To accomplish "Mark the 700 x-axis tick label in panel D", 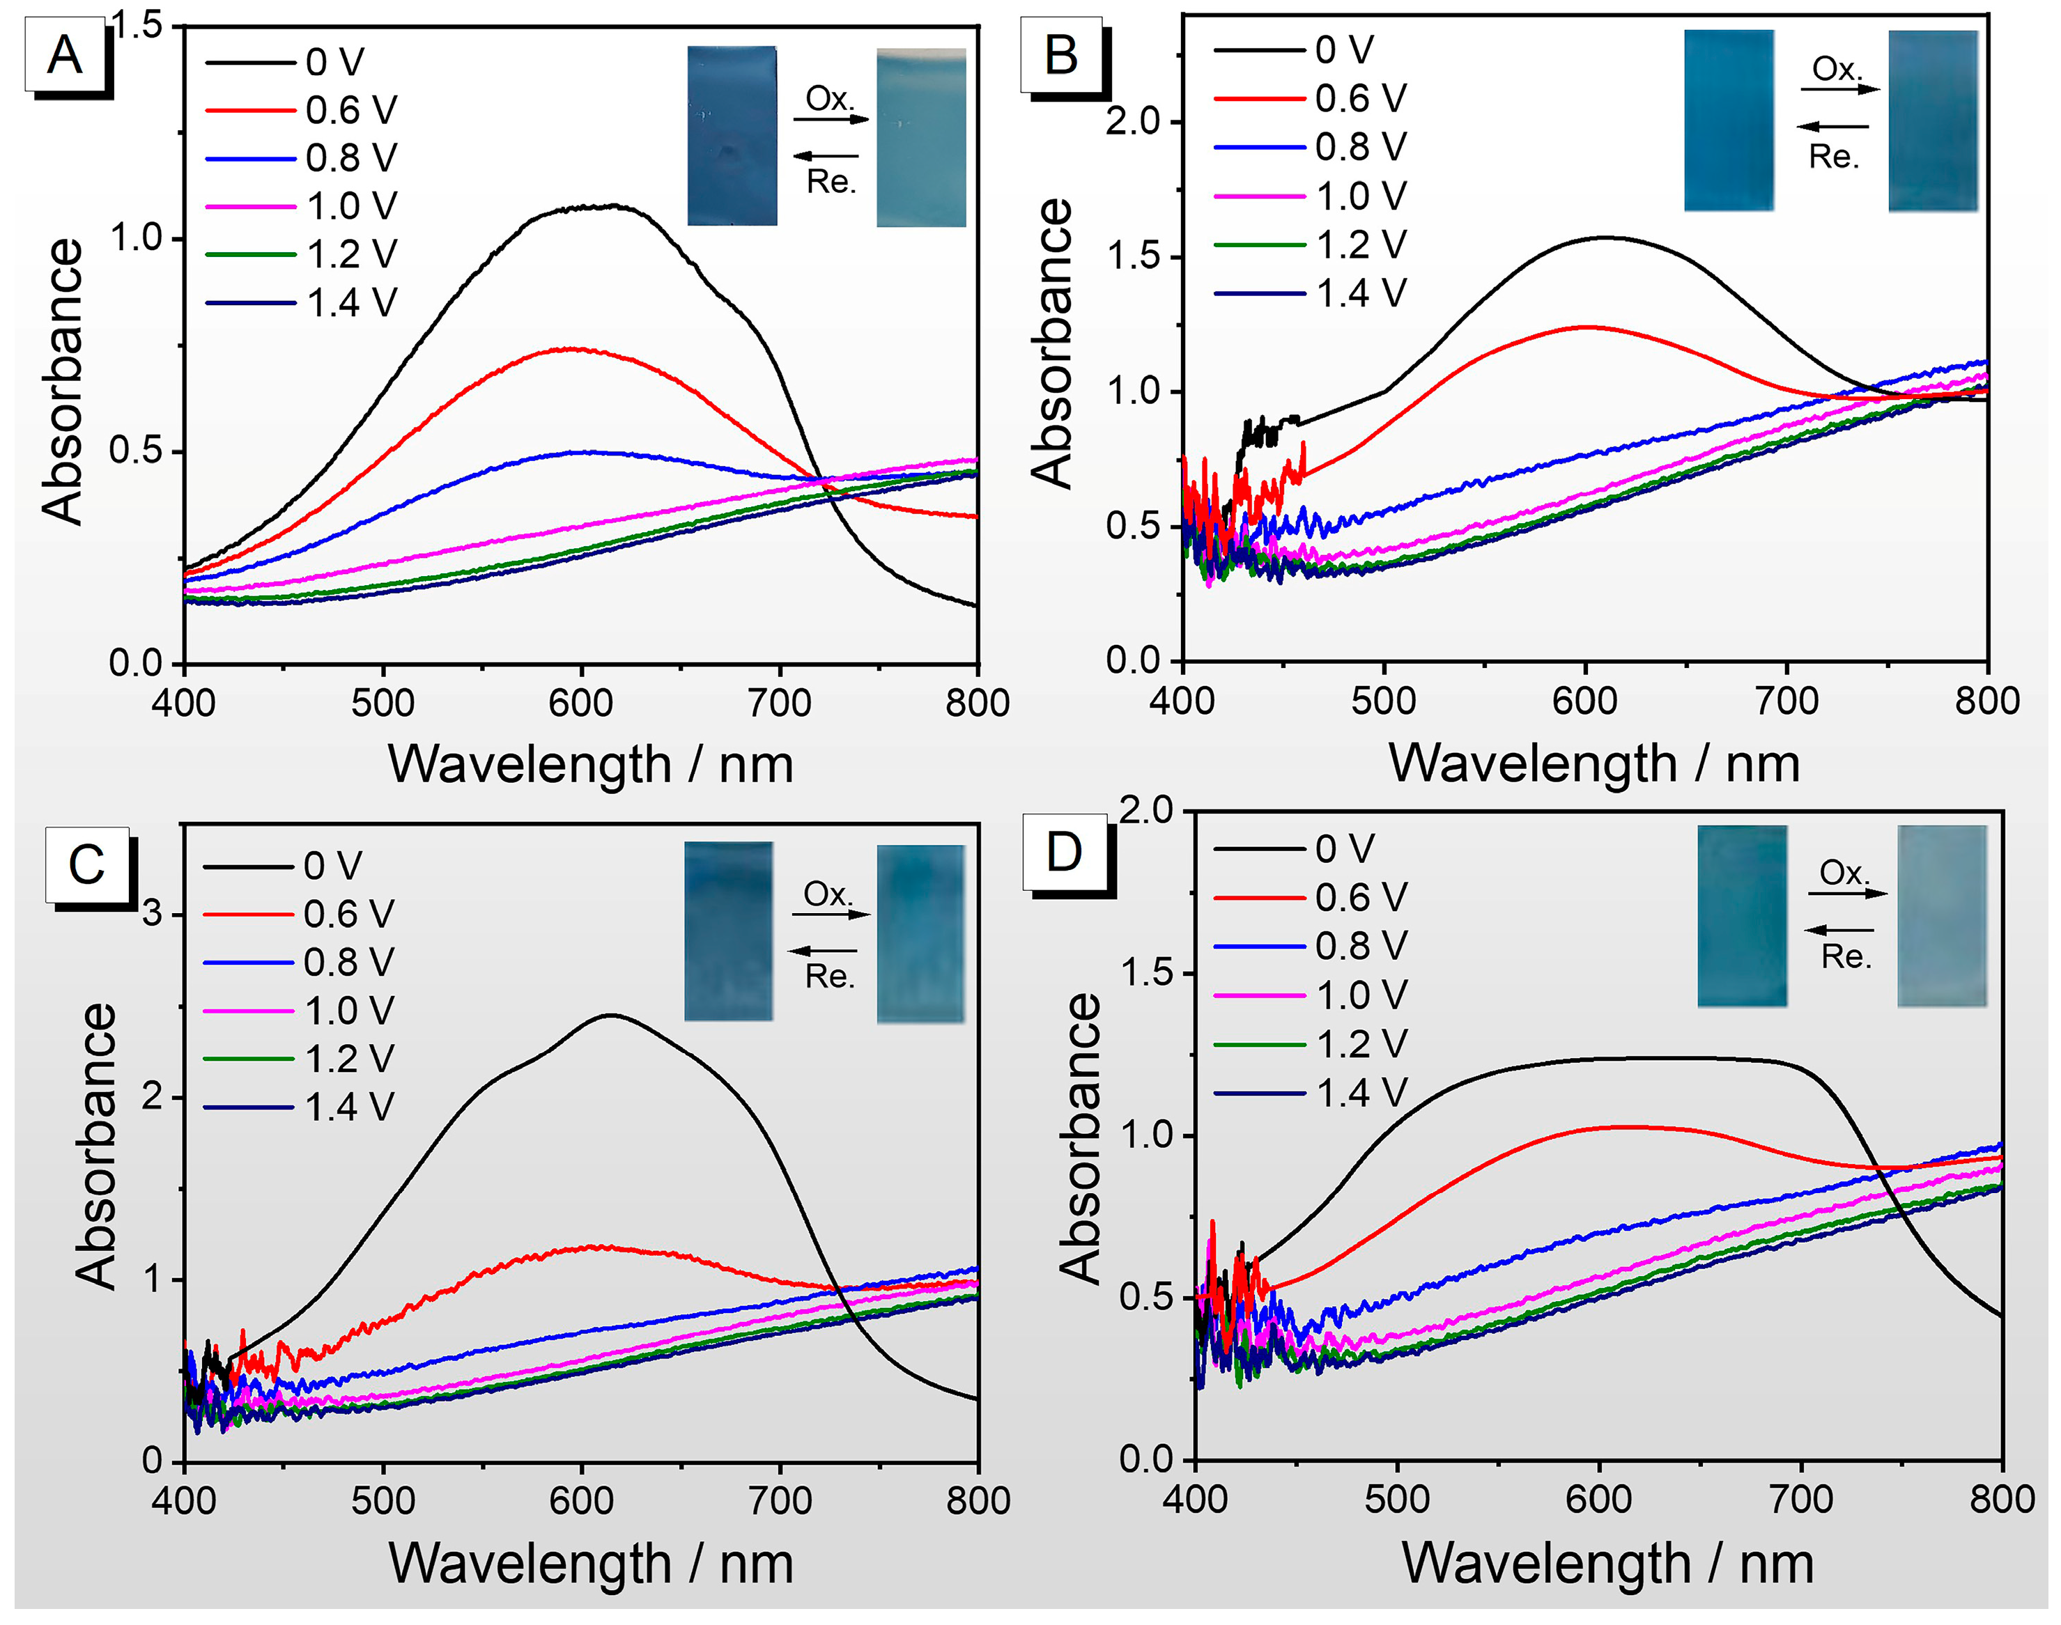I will (1800, 1500).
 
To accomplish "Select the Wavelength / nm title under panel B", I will (1593, 764).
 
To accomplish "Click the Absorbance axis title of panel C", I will (95, 1146).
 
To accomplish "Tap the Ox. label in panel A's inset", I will (830, 98).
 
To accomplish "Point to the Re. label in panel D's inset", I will (1846, 956).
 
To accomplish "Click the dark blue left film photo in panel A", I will (732, 136).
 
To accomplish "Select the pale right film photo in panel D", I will (1942, 915).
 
